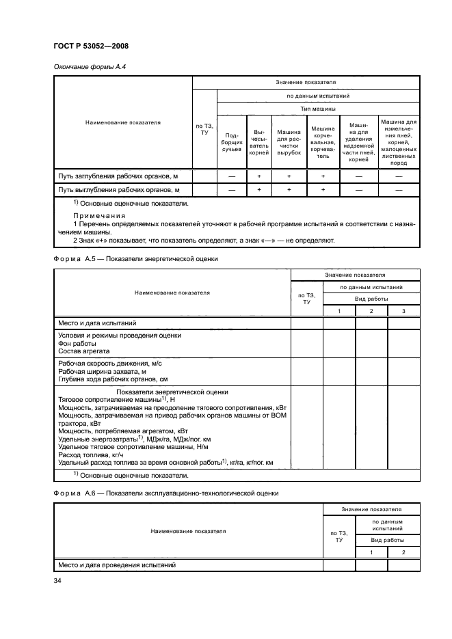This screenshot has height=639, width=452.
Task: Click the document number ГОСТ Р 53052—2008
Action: [x=91, y=46]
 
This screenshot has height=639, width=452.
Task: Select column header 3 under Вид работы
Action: [x=403, y=312]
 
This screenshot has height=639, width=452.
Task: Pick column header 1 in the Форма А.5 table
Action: [x=339, y=312]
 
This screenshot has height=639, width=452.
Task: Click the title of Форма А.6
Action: [x=165, y=493]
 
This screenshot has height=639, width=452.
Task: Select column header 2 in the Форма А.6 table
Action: [x=403, y=552]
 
